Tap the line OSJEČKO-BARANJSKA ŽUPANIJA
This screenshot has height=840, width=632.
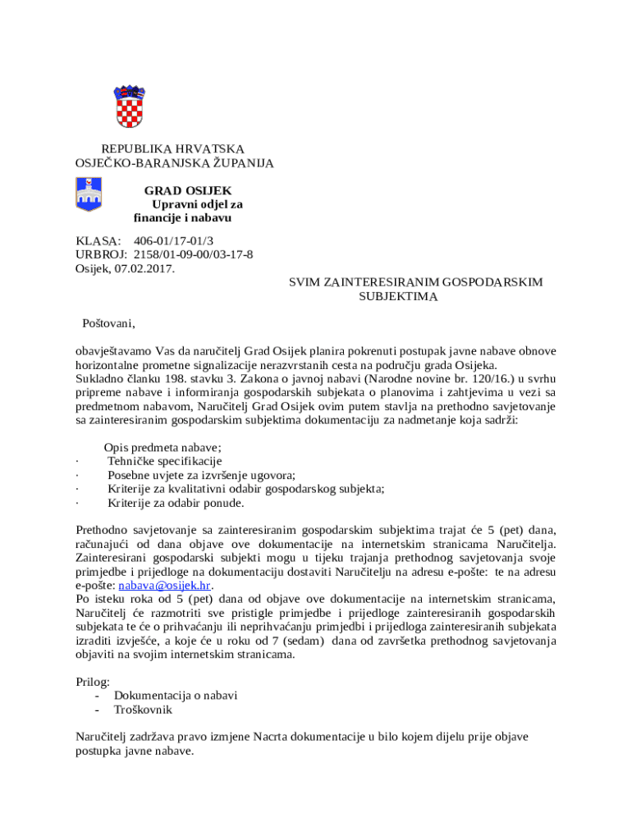click(175, 163)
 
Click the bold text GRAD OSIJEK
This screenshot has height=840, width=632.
click(188, 190)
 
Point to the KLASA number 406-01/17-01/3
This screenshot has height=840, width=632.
click(173, 240)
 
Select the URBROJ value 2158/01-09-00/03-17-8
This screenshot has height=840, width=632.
click(193, 254)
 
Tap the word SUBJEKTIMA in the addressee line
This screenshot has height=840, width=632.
click(398, 296)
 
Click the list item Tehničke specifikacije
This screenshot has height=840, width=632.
click(165, 461)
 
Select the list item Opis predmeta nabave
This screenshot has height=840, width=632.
click(163, 447)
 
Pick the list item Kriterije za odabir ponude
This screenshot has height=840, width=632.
click(176, 503)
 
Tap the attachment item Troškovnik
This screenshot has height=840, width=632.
click(143, 710)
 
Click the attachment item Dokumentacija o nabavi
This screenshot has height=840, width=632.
click(176, 696)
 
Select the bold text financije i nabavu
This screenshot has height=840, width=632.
click(182, 218)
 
